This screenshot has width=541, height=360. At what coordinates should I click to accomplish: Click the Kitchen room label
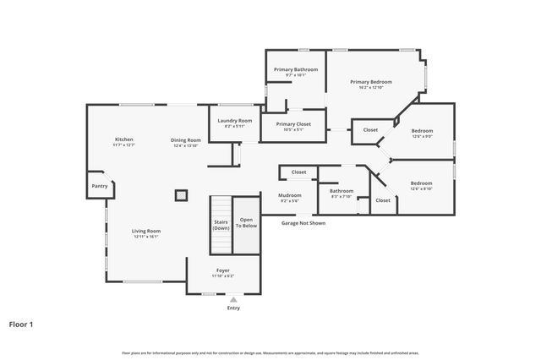click(124, 139)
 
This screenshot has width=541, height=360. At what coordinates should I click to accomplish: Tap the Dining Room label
click(186, 140)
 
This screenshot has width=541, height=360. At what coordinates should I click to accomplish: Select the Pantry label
click(100, 186)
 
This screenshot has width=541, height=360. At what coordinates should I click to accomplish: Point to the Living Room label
click(146, 231)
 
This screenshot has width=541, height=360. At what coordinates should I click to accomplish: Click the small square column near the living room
click(181, 194)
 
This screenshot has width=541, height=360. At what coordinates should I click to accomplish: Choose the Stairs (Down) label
click(221, 225)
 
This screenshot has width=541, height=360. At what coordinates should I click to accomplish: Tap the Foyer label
click(222, 270)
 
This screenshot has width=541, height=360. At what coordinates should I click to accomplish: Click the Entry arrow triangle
click(233, 299)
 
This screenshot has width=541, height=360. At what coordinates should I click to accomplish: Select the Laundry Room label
click(234, 121)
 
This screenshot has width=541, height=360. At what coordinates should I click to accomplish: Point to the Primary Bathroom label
click(295, 69)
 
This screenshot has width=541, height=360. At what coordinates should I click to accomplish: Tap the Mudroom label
click(290, 195)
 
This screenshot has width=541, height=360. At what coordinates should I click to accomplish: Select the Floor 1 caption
click(21, 323)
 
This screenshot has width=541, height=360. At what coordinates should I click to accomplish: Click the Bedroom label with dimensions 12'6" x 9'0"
click(422, 131)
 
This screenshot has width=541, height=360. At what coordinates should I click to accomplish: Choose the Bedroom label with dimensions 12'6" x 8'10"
click(421, 183)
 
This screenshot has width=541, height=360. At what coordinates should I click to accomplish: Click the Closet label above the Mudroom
click(298, 172)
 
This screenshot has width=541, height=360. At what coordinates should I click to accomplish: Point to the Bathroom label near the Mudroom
click(342, 191)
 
